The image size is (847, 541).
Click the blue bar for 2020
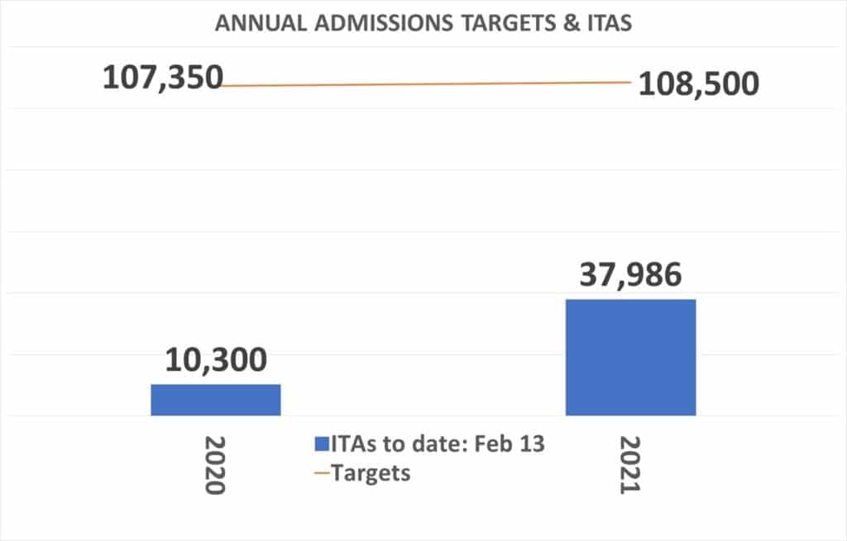(215, 399)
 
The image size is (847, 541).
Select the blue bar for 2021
(630, 357)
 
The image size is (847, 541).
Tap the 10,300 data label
(215, 361)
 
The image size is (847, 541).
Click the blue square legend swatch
(322, 444)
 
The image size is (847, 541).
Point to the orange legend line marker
(322, 474)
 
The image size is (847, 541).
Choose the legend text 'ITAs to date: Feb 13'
(438, 444)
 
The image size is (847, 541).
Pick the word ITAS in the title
(602, 23)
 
